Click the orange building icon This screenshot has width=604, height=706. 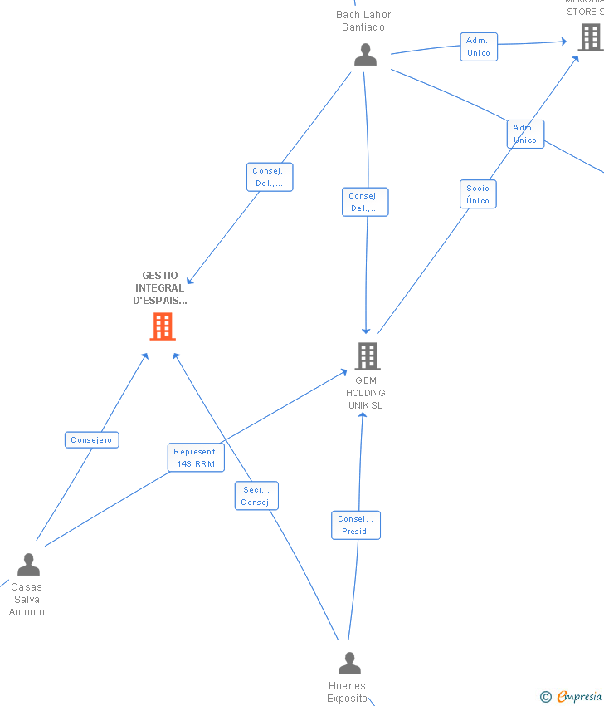coord(163,326)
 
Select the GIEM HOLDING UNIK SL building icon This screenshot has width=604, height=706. coord(367,355)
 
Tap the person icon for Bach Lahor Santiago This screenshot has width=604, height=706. coord(365,55)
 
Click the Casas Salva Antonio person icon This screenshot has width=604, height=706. coord(28,565)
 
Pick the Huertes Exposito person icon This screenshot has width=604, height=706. coord(350,664)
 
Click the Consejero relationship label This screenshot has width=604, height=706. coord(92,440)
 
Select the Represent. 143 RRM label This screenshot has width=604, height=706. coord(196,458)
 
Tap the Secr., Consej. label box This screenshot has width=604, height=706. coord(256,496)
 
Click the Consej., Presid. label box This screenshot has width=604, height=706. coord(356,525)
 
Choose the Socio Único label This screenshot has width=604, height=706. coord(478,194)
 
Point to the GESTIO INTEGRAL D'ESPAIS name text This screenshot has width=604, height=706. coord(160,288)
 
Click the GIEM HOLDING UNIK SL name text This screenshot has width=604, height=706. coord(366,393)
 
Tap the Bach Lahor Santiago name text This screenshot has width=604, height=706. coord(363,21)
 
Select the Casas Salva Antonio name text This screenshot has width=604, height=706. coord(27,599)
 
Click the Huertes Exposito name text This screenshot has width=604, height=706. coord(347,692)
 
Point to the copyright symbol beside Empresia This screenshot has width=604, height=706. coord(546,697)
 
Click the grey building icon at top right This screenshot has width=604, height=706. coord(590,37)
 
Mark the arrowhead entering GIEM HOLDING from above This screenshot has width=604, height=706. coord(366,331)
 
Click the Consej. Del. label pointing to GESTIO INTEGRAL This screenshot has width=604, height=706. coord(270,177)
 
